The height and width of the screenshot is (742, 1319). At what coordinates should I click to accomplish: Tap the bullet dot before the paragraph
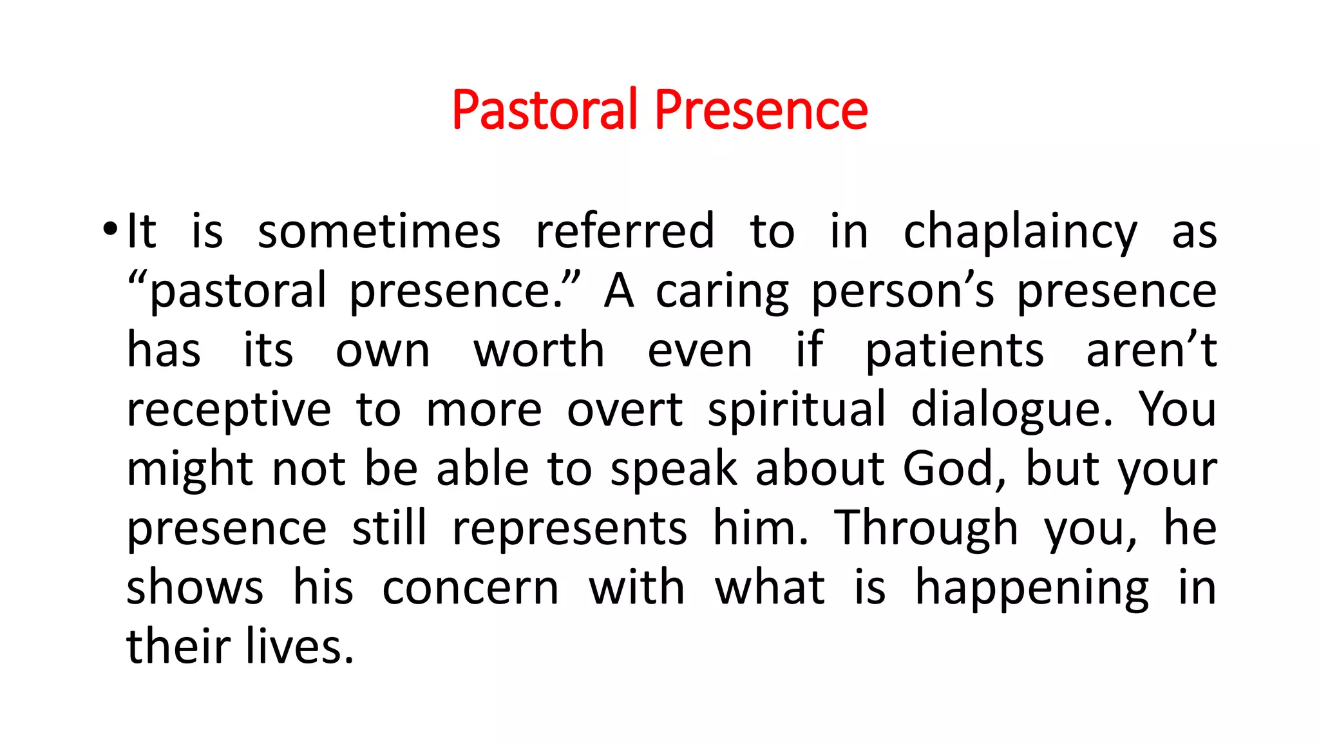pos(110,229)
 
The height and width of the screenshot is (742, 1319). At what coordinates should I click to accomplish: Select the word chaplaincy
pos(1020,232)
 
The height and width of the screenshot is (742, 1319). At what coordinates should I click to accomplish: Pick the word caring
pos(722,292)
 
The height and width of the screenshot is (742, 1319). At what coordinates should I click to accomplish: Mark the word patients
pos(954,352)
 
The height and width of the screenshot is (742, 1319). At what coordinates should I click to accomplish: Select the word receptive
pos(229,410)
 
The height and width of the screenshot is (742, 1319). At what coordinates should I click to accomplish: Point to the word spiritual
pos(797,410)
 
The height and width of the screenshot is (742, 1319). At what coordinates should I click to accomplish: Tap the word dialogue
pos(1012,410)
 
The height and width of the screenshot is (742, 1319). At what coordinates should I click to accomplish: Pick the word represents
pos(569,529)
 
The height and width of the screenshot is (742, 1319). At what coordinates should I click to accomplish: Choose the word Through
pos(926,529)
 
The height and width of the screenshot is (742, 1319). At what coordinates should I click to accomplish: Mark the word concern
pos(470,588)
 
